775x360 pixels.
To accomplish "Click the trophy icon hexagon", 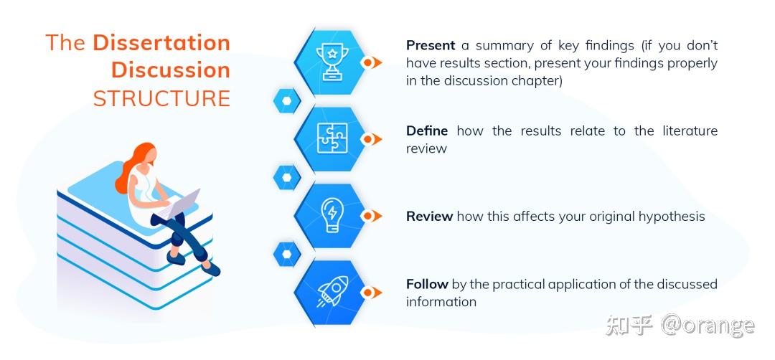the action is point(330,62).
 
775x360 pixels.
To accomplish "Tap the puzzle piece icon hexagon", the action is point(330,139).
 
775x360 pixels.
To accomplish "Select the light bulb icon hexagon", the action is point(330,216).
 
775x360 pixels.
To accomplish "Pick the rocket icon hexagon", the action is point(330,293).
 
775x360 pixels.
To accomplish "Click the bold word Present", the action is point(431,45).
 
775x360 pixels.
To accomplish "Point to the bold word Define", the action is point(427,131).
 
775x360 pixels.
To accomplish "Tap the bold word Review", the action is point(430,217).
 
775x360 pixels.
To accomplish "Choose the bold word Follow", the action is point(427,284).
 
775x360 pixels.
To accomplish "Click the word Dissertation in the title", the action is point(161,42).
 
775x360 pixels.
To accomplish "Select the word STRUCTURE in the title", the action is point(161,99).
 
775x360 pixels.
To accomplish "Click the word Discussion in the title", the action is point(171,70).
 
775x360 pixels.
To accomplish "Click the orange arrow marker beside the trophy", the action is point(371,62).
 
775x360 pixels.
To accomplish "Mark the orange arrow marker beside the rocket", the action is point(371,293).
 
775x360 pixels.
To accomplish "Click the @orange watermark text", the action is point(708,326).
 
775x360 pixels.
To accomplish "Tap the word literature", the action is point(690,131).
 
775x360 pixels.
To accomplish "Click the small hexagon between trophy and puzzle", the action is point(287,100).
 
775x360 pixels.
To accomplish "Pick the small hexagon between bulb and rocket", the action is point(287,255).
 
